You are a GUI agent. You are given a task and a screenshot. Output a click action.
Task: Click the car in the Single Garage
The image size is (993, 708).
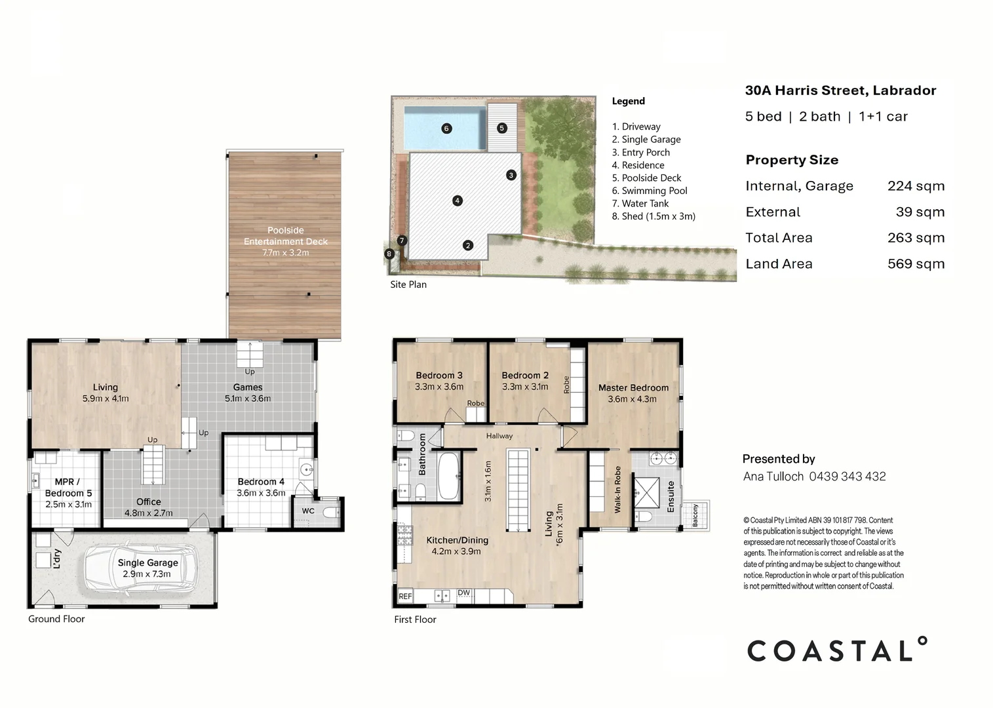click(x=140, y=568)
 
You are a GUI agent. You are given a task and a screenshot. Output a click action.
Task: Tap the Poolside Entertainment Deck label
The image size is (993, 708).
click(x=286, y=241)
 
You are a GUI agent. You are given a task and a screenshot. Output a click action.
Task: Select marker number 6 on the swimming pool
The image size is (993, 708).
click(x=446, y=128)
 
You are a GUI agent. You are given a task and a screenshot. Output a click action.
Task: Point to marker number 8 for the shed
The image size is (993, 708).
click(x=389, y=254)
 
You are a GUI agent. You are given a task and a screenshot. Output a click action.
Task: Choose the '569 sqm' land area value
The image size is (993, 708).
click(x=916, y=264)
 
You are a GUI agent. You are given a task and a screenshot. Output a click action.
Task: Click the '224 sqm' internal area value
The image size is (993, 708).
click(x=916, y=186)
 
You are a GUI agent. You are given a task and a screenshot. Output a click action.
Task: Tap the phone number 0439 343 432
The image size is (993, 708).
click(x=847, y=477)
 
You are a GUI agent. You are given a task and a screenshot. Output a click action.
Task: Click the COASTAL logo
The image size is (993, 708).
click(x=837, y=650)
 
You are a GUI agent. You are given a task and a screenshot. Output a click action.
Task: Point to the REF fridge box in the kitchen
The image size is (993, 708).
click(x=405, y=596)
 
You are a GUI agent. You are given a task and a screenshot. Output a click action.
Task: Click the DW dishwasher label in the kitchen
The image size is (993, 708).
click(x=464, y=593)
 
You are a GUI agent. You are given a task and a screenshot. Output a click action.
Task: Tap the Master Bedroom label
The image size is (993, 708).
click(x=633, y=387)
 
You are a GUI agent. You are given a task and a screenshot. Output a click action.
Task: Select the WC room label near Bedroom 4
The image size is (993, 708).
click(x=308, y=511)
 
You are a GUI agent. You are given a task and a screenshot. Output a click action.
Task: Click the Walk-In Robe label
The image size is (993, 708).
click(x=617, y=489)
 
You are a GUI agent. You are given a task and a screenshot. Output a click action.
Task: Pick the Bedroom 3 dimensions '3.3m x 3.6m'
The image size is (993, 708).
click(x=439, y=387)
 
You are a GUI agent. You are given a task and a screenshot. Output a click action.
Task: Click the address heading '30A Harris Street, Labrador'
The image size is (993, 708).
click(x=840, y=90)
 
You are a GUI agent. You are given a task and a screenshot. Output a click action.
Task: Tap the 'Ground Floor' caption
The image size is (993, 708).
click(x=56, y=619)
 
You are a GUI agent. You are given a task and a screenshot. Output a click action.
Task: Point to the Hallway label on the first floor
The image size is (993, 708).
click(x=499, y=436)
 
